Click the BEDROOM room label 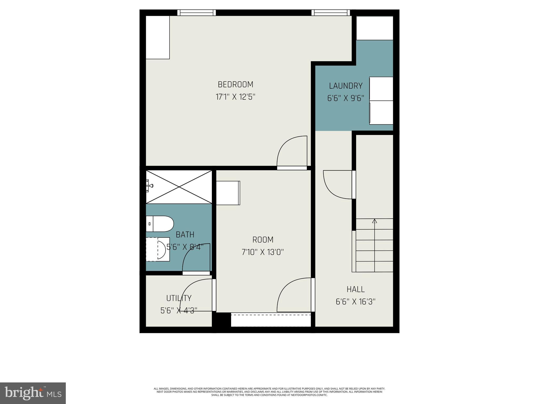pyautogui.click(x=236, y=84)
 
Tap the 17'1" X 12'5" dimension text pyautogui.click(x=236, y=97)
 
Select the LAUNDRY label pyautogui.click(x=346, y=86)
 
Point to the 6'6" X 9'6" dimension pyautogui.click(x=346, y=98)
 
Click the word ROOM pyautogui.click(x=263, y=240)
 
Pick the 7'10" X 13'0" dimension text pyautogui.click(x=263, y=252)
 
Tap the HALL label pyautogui.click(x=355, y=289)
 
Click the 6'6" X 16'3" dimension pyautogui.click(x=355, y=302)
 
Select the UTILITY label pyautogui.click(x=179, y=298)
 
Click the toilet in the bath pyautogui.click(x=160, y=224)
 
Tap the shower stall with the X pyautogui.click(x=179, y=187)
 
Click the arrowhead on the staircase pyautogui.click(x=375, y=221)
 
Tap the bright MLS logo pyautogui.click(x=33, y=393)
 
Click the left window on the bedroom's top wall pyautogui.click(x=196, y=13)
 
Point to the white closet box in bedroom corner pyautogui.click(x=158, y=37)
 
